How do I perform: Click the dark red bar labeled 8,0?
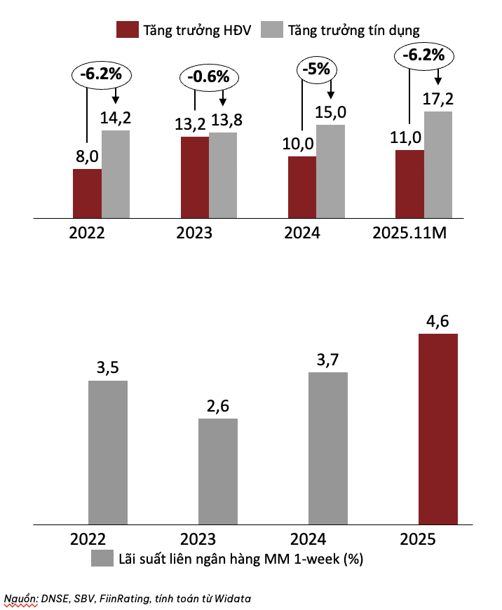[x=87, y=194]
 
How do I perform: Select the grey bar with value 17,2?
[x=438, y=165]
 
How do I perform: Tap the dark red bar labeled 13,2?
[x=194, y=177]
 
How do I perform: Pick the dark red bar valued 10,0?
[x=302, y=187]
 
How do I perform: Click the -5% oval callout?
[x=318, y=69]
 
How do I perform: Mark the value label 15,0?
[x=331, y=112]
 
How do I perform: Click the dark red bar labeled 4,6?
[x=437, y=428]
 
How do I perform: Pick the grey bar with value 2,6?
[x=217, y=471]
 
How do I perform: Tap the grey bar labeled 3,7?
[x=327, y=448]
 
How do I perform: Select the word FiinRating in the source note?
[x=139, y=598]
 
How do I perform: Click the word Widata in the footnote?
[x=232, y=598]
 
